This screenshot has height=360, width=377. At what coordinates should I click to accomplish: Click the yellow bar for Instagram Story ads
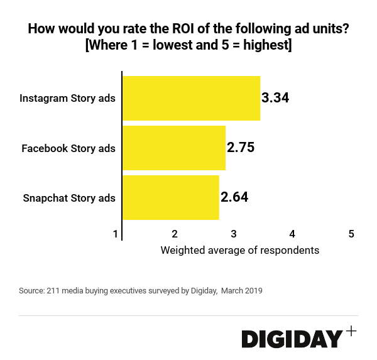[x=191, y=98]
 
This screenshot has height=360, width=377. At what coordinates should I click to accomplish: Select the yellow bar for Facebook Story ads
[x=174, y=148]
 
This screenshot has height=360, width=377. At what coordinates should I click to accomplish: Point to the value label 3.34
[x=275, y=98]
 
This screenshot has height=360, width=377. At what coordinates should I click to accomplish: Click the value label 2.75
[x=241, y=148]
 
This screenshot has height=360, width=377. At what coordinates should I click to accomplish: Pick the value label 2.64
[x=234, y=197]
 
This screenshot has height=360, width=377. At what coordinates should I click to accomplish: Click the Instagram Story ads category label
[x=67, y=99]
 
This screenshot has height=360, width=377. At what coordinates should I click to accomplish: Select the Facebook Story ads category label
[x=68, y=148]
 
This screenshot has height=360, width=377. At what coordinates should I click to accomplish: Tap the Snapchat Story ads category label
[x=69, y=198]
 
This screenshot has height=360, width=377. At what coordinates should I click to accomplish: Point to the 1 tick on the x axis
[x=116, y=234]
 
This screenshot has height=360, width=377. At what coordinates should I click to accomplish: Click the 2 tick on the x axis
[x=175, y=234]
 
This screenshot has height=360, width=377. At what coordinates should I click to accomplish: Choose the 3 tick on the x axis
[x=234, y=234]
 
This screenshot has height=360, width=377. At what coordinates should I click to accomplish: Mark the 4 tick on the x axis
[x=292, y=234]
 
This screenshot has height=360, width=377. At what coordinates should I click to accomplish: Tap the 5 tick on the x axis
[x=351, y=234]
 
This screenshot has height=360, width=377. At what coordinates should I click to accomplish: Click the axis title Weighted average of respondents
[x=240, y=250]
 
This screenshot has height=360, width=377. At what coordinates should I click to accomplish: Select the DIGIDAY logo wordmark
[x=292, y=339]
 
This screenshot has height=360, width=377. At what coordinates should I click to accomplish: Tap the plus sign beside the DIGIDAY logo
[x=351, y=331]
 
